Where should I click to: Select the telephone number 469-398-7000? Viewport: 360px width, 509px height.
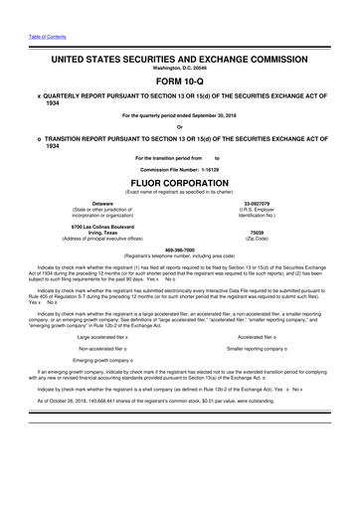click(x=179, y=249)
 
